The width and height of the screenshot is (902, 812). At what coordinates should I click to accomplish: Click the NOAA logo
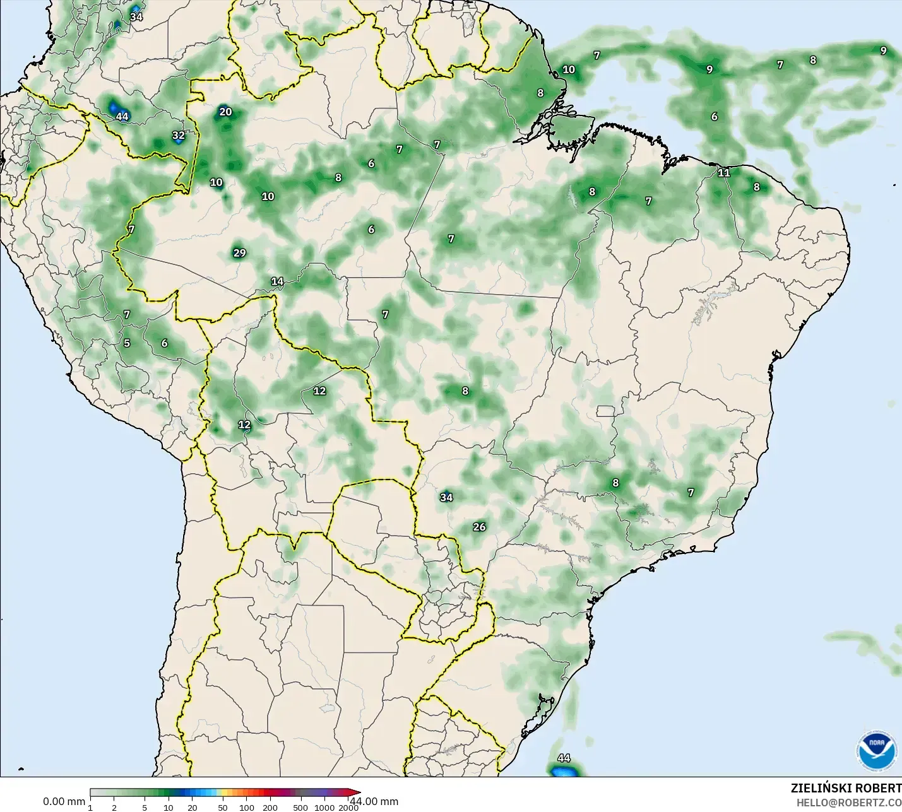pos(876,750)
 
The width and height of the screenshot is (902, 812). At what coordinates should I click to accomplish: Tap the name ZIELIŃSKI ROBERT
pos(846,788)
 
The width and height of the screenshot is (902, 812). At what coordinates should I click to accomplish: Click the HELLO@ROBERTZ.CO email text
pos(848,803)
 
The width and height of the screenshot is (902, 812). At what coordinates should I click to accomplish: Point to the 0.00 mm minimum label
pos(64,801)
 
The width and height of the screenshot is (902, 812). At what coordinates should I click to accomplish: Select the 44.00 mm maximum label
pos(375,801)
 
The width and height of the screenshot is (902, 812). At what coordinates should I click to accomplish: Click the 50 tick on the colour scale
pos(222,807)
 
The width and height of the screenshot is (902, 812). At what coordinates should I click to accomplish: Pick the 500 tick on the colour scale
pos(300,807)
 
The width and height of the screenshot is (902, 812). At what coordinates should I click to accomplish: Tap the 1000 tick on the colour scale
pos(324,807)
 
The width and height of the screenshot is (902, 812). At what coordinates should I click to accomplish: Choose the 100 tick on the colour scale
pos(247,807)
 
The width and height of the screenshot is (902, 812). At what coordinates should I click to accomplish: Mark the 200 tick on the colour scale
pos(270,807)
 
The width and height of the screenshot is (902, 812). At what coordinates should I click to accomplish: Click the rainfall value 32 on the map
pos(179,135)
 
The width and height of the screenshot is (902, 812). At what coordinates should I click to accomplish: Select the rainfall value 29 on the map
pos(239,253)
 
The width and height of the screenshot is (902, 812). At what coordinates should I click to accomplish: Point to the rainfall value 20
pos(225,112)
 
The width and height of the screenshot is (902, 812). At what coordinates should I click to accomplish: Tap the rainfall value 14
pos(277,281)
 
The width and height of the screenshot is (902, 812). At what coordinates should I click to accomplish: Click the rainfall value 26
pos(479,527)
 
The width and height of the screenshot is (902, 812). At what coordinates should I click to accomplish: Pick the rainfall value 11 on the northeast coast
pos(723,172)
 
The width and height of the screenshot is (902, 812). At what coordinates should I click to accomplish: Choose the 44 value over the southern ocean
pos(564,758)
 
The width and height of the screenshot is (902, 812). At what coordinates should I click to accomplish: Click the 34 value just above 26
pos(446,497)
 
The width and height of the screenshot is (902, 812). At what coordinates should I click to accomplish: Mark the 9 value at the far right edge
pos(883,50)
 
